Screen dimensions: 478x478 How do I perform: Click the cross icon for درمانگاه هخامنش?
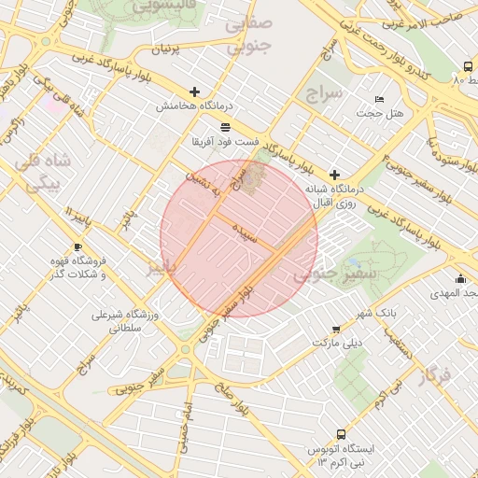tap(194, 91)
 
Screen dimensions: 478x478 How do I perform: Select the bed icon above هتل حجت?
tap(378, 99)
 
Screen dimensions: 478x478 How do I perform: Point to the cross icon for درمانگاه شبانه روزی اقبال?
tap(334, 175)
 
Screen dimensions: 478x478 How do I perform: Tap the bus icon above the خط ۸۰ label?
tap(467, 66)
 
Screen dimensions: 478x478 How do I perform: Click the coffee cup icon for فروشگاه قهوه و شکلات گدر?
tap(77, 247)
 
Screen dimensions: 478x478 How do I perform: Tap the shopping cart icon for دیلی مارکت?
tap(336, 330)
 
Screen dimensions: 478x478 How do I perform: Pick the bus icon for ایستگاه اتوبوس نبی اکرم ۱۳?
tap(341, 434)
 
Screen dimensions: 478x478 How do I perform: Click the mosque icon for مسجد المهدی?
tap(460, 278)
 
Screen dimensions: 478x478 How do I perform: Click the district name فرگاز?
tap(435, 377)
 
